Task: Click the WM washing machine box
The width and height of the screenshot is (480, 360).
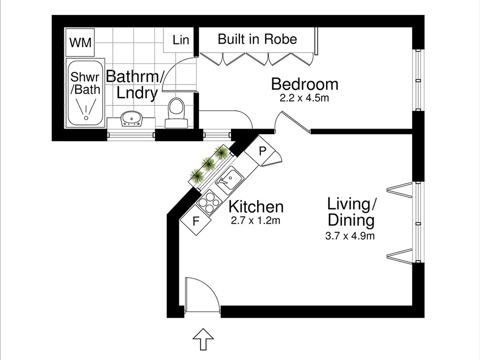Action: tap(80, 42)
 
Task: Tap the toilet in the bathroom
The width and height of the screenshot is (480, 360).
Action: tap(176, 113)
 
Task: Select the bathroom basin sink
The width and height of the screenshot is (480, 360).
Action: tap(132, 119)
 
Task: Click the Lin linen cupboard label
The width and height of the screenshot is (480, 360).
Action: tap(181, 40)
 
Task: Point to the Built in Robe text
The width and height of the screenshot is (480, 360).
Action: tap(257, 39)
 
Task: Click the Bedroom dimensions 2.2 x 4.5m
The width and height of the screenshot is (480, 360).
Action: tap(304, 98)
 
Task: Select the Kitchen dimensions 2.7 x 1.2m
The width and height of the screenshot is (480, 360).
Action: tap(256, 220)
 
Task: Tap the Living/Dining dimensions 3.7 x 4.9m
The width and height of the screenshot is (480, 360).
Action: tap(350, 236)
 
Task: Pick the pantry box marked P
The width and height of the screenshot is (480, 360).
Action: tap(260, 151)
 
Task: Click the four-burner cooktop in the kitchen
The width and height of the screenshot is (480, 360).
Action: tap(209, 203)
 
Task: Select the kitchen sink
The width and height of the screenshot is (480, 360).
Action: tap(229, 180)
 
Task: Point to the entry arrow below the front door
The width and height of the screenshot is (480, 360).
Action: tap(203, 339)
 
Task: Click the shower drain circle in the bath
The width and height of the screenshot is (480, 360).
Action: tap(86, 118)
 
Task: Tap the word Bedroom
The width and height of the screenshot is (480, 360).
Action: tap(305, 84)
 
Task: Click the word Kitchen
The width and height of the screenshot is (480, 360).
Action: tap(256, 207)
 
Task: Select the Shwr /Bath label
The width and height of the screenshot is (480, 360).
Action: tap(85, 83)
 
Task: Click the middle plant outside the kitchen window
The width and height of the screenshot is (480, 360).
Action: tap(208, 163)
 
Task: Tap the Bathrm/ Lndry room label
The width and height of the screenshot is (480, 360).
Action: tap(135, 84)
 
